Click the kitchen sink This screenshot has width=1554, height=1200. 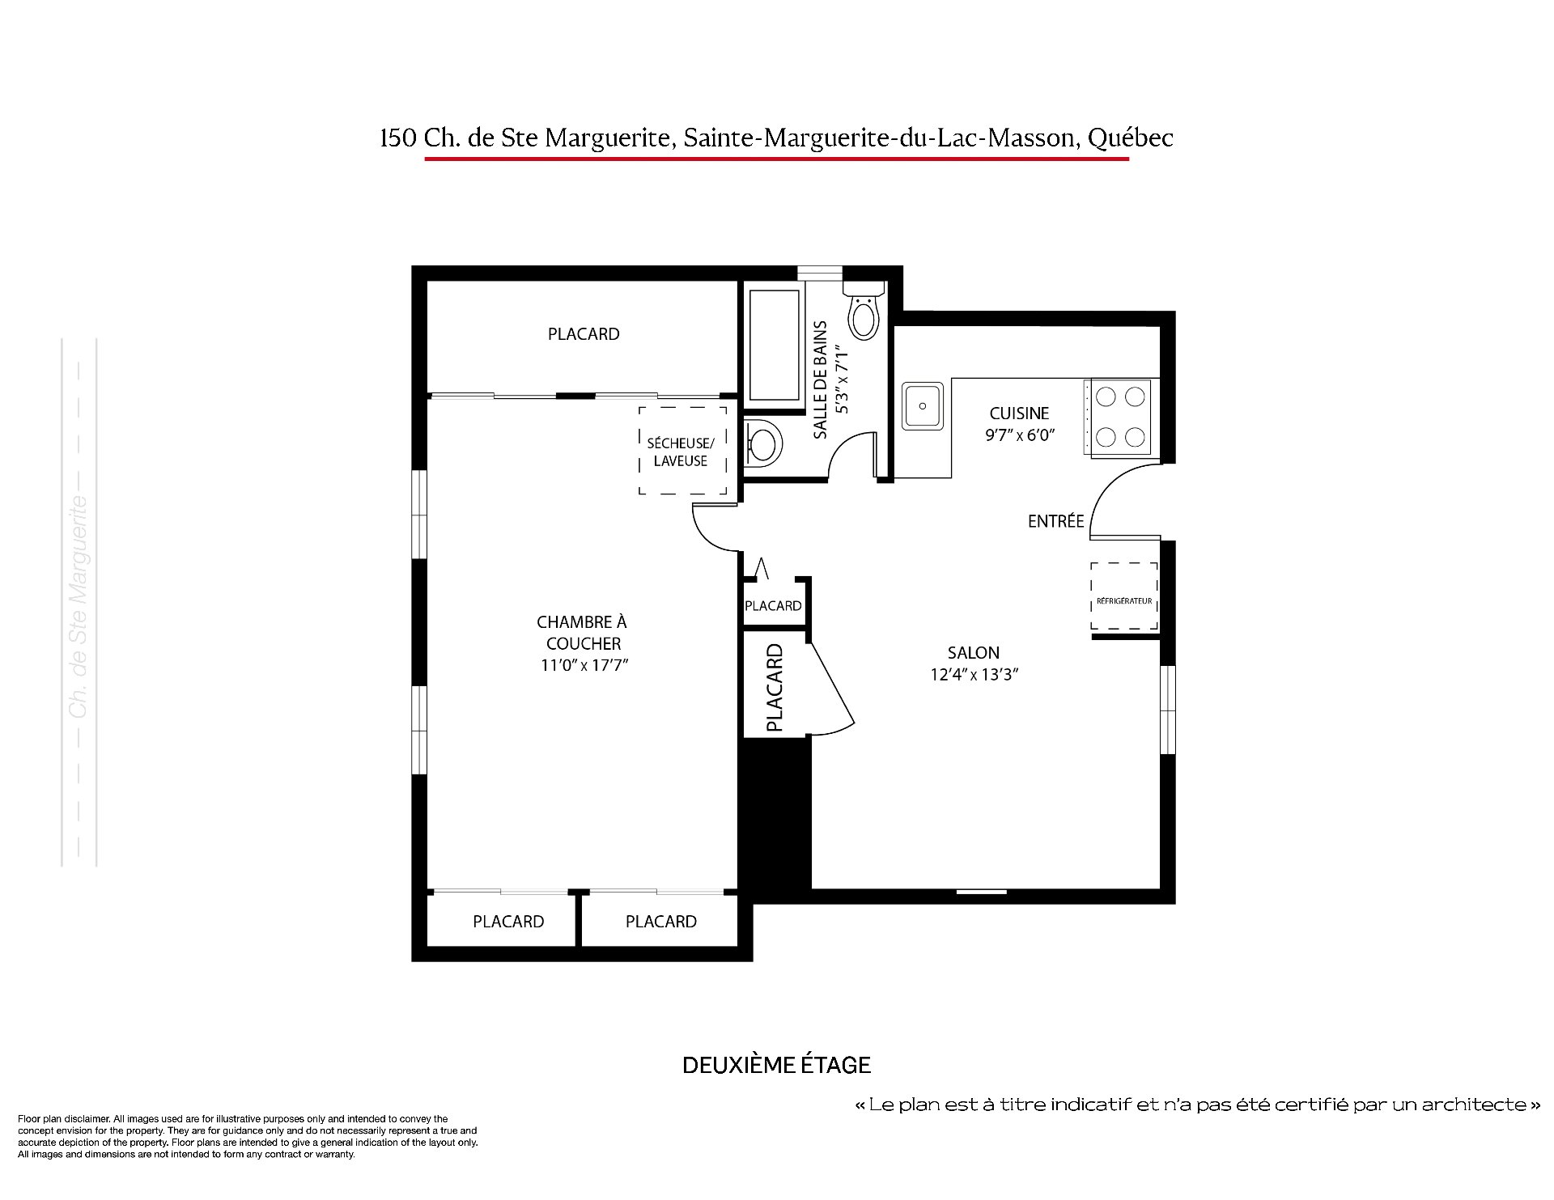(x=923, y=405)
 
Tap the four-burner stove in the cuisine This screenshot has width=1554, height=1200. (x=1121, y=418)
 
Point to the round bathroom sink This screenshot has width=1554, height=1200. (x=763, y=443)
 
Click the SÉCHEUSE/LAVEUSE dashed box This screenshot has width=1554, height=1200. (x=682, y=450)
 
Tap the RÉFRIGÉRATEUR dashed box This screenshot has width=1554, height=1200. (x=1123, y=596)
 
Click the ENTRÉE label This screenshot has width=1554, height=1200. (x=1055, y=522)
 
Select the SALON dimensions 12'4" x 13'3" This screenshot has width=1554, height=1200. (x=974, y=674)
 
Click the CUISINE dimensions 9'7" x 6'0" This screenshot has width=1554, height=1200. (x=1020, y=435)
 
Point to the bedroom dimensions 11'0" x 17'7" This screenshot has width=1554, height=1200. (x=584, y=665)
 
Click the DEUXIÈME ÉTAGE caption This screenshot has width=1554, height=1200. (x=776, y=1065)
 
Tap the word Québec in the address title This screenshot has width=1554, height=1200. (x=1130, y=138)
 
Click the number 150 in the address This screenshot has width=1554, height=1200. (x=398, y=138)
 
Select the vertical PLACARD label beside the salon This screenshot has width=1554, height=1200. (x=775, y=688)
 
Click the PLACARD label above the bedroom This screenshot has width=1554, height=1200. (x=584, y=334)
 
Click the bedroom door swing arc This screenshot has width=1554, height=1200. (x=706, y=535)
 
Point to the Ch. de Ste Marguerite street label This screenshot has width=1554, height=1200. (x=79, y=606)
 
